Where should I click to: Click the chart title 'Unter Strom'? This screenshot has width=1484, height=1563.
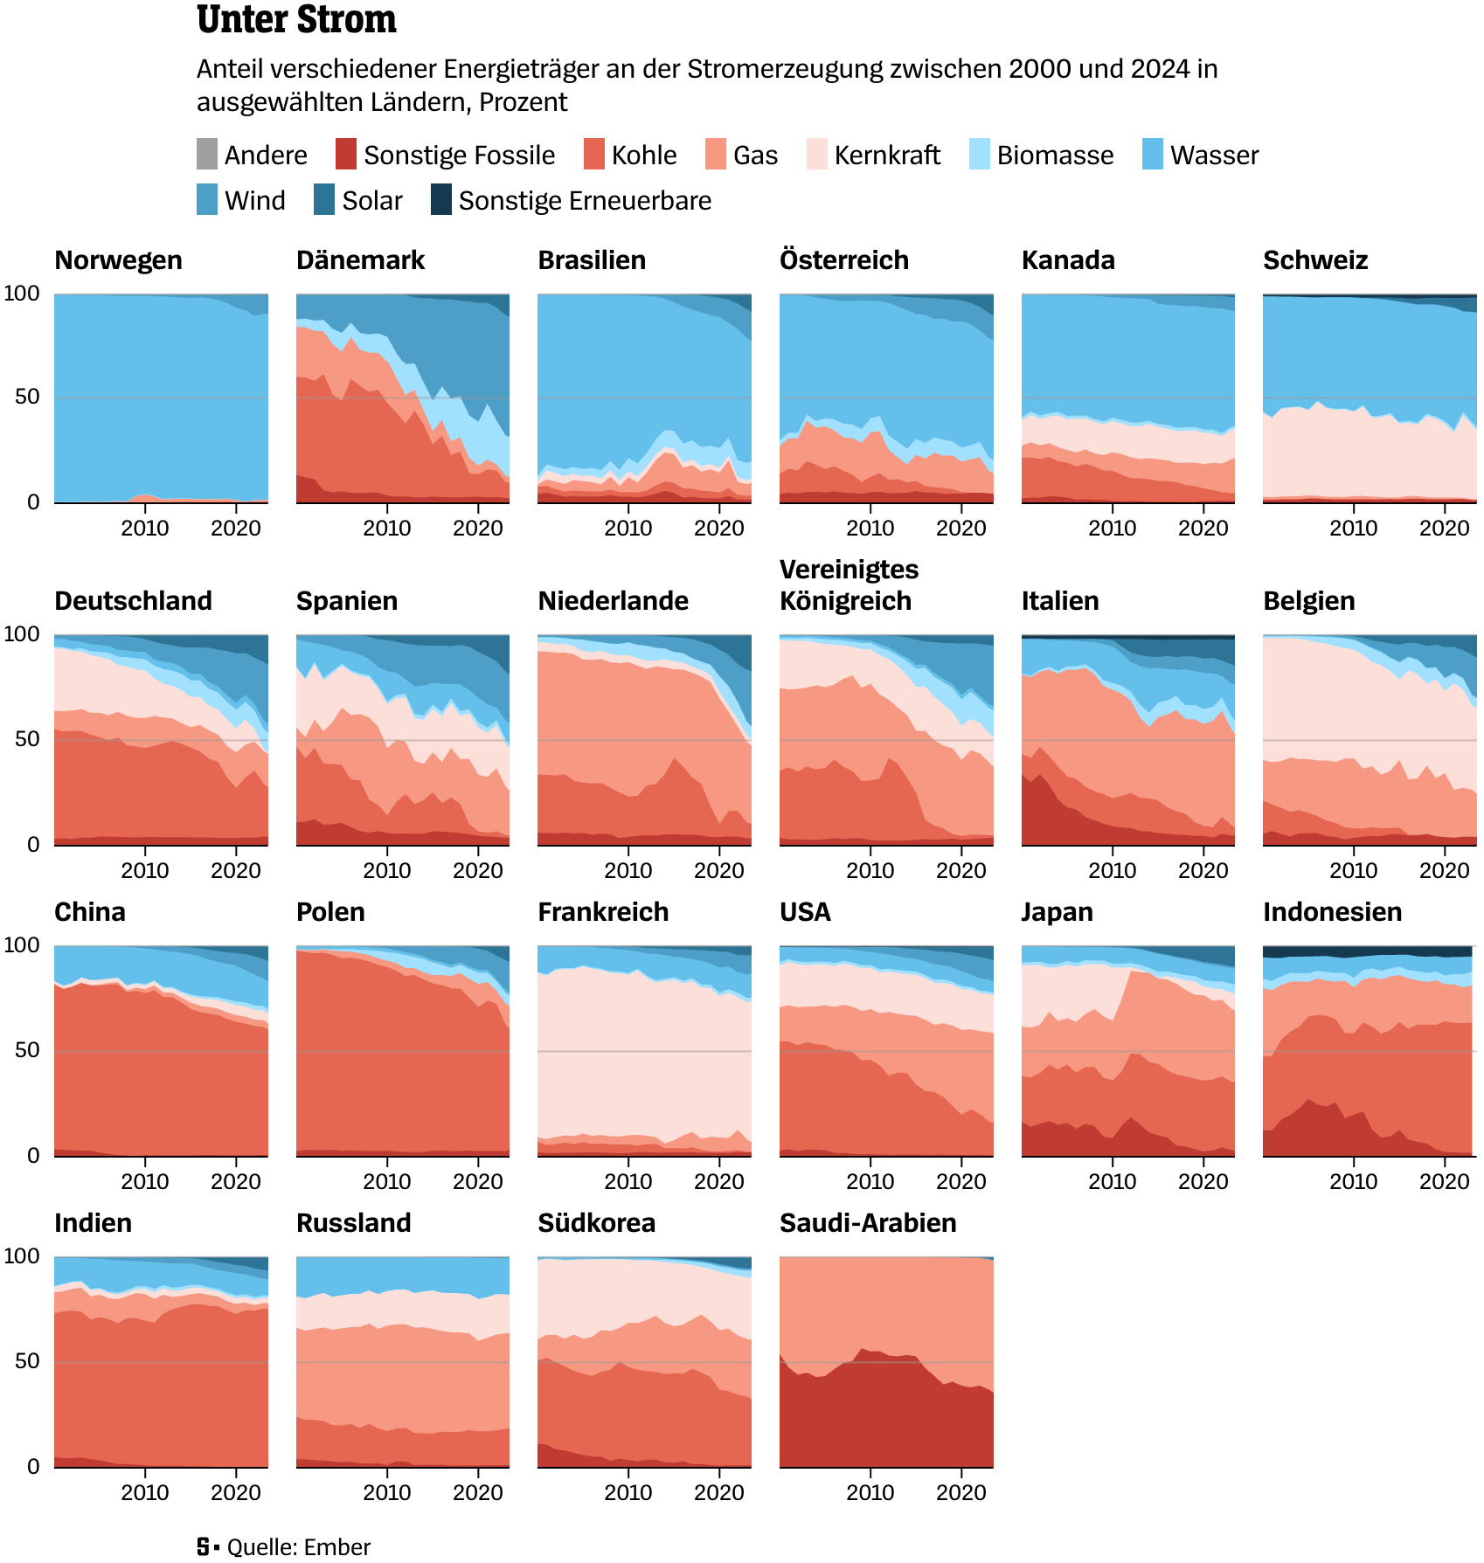(x=296, y=19)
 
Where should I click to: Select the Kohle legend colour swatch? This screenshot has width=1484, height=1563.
(x=594, y=155)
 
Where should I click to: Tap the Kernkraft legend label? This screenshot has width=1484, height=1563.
(x=887, y=156)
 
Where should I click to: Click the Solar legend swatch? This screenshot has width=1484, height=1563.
(x=324, y=200)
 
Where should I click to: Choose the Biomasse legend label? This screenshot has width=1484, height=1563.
(x=1055, y=156)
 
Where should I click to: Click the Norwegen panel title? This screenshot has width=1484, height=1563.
(x=118, y=260)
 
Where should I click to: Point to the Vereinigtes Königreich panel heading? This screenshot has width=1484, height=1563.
(x=849, y=585)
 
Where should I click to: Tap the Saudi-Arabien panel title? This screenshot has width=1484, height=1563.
(x=868, y=1223)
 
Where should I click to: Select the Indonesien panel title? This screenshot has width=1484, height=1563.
(x=1332, y=912)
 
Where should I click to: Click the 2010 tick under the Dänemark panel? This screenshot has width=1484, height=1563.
(x=386, y=529)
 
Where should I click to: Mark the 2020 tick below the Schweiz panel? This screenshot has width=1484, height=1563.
(x=1444, y=529)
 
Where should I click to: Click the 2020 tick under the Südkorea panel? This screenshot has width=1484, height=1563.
(x=718, y=1493)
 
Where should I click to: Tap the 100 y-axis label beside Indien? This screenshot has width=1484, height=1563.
(x=22, y=1256)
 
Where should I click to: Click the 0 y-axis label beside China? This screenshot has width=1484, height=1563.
(x=33, y=1156)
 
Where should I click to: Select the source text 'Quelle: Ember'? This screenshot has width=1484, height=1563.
(x=298, y=1547)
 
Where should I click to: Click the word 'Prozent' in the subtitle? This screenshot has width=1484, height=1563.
(x=523, y=102)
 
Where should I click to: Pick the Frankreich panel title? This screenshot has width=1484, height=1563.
(x=603, y=912)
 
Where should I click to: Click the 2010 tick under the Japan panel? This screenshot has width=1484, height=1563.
(x=1112, y=1182)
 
